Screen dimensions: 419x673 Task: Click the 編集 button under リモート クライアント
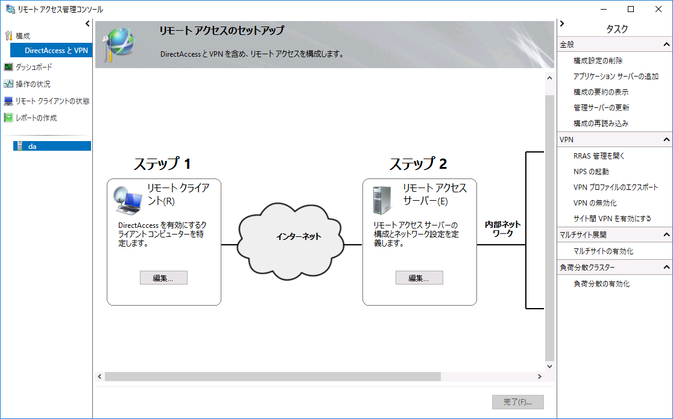(163, 278)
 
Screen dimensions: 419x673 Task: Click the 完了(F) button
(517, 402)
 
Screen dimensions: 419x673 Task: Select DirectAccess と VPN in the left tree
(56, 51)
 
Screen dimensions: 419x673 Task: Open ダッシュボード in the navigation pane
(34, 67)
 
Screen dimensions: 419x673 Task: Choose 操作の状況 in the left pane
(33, 84)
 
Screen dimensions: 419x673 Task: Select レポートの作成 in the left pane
(36, 118)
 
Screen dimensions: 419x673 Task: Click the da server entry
(33, 146)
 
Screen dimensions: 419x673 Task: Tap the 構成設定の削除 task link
(598, 61)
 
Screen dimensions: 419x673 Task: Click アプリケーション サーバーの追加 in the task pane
(616, 77)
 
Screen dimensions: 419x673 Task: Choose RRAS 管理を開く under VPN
(599, 156)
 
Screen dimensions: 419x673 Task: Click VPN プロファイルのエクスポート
(616, 187)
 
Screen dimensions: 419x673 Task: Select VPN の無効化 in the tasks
(595, 203)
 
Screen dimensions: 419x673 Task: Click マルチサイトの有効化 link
(603, 251)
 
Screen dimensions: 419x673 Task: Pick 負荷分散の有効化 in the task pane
(601, 284)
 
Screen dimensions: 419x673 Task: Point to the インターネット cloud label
(299, 237)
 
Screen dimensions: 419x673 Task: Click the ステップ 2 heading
(418, 164)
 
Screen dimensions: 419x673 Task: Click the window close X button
(659, 9)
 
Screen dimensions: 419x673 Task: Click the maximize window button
(631, 9)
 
